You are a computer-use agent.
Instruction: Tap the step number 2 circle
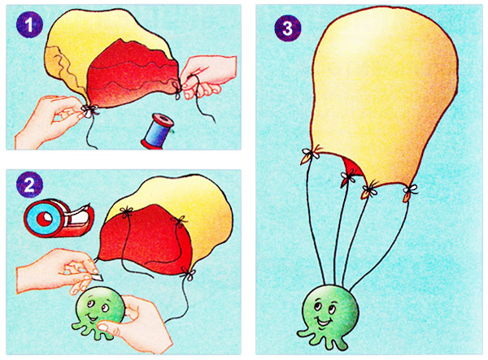coord(29,185)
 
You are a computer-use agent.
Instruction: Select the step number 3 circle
coord(288,28)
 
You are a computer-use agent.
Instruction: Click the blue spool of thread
coord(158,131)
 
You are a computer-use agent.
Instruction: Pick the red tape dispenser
coord(59,217)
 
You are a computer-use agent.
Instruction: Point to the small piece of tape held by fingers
coord(98,276)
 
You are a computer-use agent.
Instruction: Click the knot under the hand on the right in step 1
coord(177,89)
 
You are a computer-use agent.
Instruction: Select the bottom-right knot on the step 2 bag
coord(189,274)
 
